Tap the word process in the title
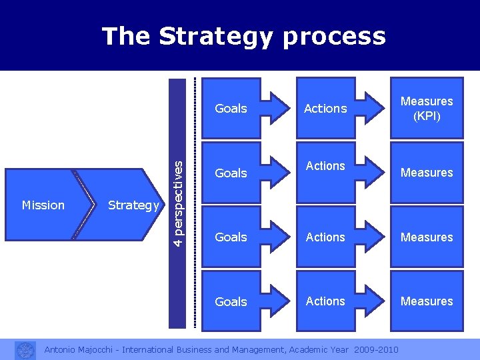tap(334, 37)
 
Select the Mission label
tap(43, 205)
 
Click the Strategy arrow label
tap(133, 205)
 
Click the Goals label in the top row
tap(231, 108)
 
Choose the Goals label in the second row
tap(231, 173)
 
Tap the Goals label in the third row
tap(231, 237)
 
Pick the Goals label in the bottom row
tap(231, 301)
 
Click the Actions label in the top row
tap(325, 108)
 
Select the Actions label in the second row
tap(325, 165)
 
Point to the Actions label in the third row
tap(325, 237)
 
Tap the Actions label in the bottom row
tap(325, 301)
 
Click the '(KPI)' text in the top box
tap(427, 115)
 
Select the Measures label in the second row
tap(427, 173)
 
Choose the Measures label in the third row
tap(427, 237)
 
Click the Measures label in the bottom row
tap(427, 301)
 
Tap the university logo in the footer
tap(25, 350)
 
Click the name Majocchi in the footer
tap(100, 350)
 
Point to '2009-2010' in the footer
tap(377, 350)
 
